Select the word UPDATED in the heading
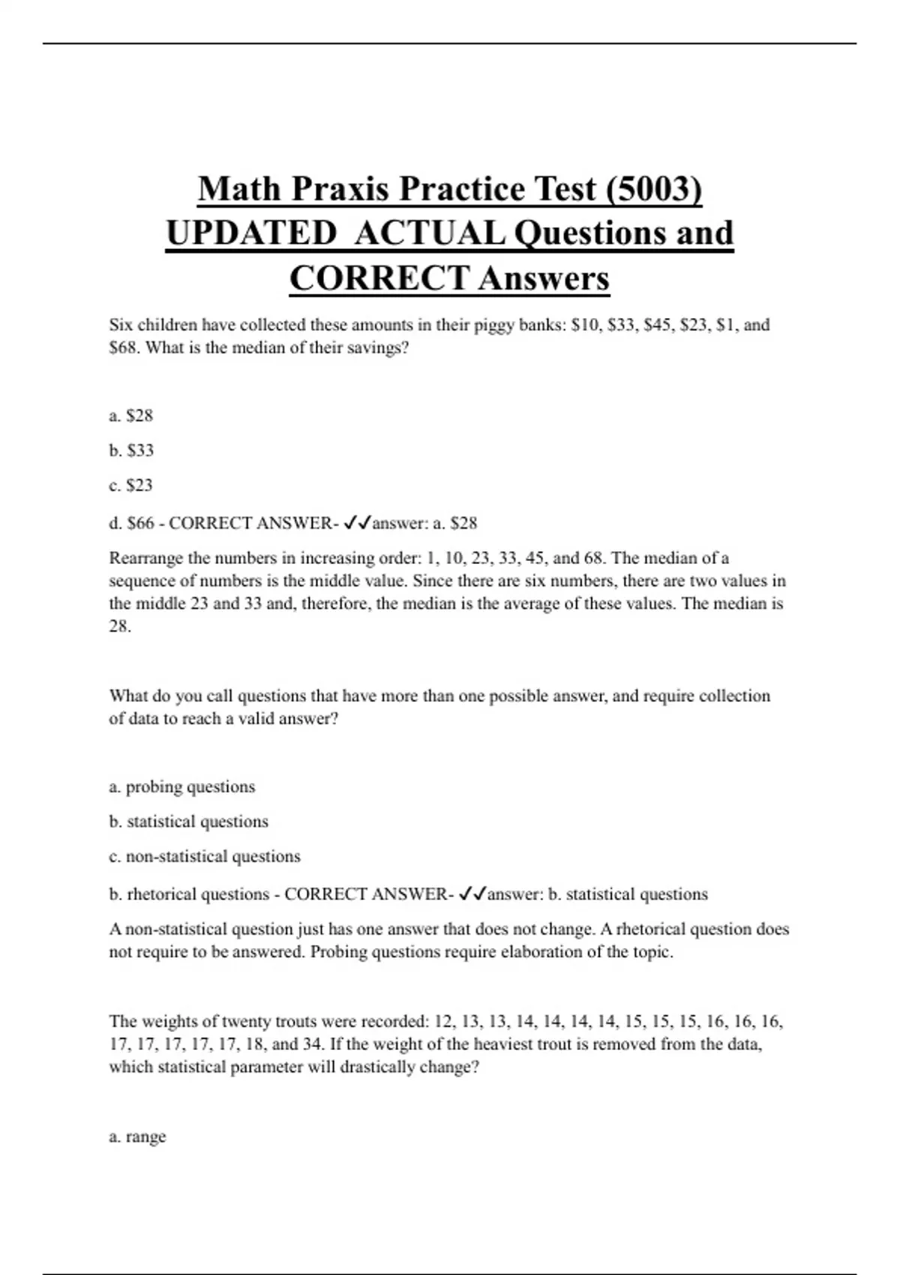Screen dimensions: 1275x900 click(251, 233)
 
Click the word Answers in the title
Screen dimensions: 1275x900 click(544, 278)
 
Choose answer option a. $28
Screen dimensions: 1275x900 click(131, 415)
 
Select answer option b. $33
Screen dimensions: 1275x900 click(131, 450)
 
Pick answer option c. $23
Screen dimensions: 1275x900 click(131, 485)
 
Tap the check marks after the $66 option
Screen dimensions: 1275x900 click(357, 523)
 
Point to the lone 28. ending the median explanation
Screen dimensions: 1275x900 click(120, 626)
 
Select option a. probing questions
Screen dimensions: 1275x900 click(182, 787)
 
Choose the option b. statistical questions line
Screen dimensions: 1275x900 click(188, 821)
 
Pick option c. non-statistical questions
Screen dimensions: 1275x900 click(205, 856)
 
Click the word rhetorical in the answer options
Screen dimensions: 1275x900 click(161, 894)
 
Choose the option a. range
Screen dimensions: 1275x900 click(138, 1137)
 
